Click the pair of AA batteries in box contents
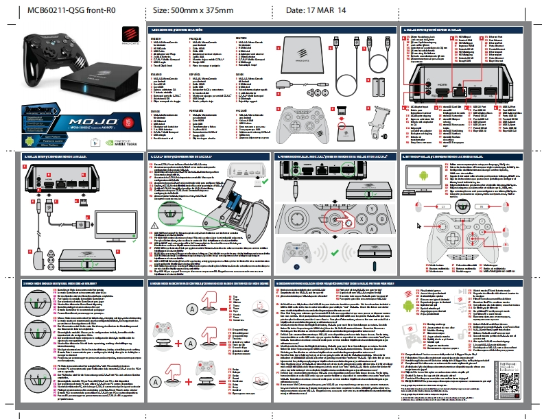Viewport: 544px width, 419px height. point(379,87)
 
